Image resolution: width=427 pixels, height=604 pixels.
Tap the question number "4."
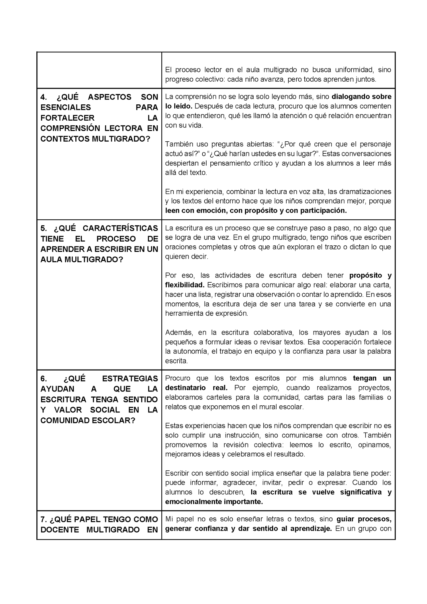coord(44,97)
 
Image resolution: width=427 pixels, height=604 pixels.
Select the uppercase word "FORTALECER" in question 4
coord(67,118)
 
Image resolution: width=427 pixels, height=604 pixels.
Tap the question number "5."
coord(44,228)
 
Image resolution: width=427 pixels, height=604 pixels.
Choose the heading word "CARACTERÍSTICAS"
coord(120,228)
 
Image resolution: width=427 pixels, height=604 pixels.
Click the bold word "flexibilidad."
coord(185,285)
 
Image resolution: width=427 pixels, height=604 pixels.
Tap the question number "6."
coord(44,378)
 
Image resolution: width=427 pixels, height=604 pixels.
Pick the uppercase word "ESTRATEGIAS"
coord(130,378)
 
